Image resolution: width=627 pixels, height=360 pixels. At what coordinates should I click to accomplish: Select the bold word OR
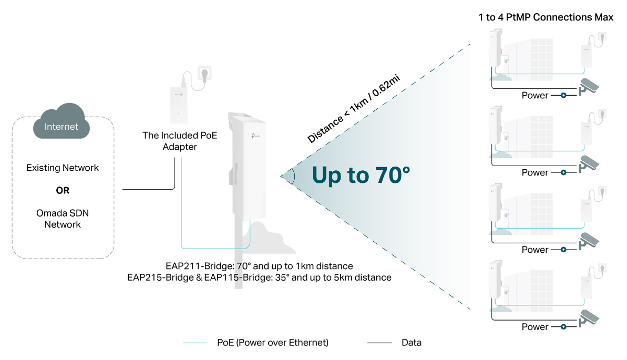[x=63, y=190]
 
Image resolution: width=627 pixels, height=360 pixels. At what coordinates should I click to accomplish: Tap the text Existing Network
[x=63, y=168]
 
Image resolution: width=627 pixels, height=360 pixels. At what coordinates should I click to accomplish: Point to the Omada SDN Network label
[x=59, y=219]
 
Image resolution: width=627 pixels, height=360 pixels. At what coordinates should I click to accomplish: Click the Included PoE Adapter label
[x=180, y=141]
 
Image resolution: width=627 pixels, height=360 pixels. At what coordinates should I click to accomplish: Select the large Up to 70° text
[x=361, y=175]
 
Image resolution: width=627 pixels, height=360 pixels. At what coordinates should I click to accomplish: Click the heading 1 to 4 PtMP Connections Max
[x=546, y=17]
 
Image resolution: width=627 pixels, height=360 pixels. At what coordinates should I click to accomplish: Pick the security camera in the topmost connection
[x=588, y=87]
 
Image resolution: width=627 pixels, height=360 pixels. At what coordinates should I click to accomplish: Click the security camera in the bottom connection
[x=588, y=319]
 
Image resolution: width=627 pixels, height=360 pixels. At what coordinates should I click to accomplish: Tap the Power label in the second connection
[x=535, y=172]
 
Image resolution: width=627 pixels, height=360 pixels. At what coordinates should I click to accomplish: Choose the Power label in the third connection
[x=535, y=250]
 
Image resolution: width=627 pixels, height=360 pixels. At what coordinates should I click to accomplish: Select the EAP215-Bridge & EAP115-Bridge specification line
[x=259, y=277]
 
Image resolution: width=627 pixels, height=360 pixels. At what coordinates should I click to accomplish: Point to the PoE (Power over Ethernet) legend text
[x=272, y=343]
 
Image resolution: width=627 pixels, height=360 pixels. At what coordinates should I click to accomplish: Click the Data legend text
[x=411, y=343]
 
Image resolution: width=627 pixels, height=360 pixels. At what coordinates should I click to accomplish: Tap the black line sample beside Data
[x=379, y=343]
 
